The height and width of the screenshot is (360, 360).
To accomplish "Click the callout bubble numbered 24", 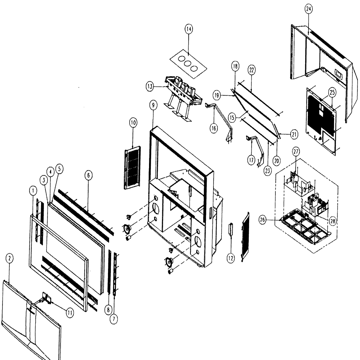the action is point(309,9).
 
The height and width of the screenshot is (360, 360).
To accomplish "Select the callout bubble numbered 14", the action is point(189,29).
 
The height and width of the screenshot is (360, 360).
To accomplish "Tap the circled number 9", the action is point(153,105).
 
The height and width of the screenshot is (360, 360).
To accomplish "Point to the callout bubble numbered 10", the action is point(133,123).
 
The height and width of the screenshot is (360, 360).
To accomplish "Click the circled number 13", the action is point(150,87).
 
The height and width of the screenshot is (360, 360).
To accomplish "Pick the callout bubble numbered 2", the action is point(9,259).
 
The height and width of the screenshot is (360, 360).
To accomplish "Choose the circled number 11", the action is point(70,313).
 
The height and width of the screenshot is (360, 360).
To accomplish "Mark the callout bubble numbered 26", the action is point(262,220).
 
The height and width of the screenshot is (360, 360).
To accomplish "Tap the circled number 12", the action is point(230,258).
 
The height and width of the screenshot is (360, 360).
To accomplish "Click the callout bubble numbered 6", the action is point(89,176).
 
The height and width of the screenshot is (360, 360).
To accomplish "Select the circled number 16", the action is point(214,129).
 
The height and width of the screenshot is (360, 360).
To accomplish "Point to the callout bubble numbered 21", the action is point(294,135).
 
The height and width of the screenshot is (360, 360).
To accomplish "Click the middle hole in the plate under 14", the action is point(188,64).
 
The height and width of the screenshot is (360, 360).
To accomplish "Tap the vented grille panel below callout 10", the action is point(132,168).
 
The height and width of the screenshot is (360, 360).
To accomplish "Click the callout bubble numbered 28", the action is point(332,221).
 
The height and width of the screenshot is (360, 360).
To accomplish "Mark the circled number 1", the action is point(33,191).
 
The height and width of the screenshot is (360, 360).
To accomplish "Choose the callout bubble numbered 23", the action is point(267,171).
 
